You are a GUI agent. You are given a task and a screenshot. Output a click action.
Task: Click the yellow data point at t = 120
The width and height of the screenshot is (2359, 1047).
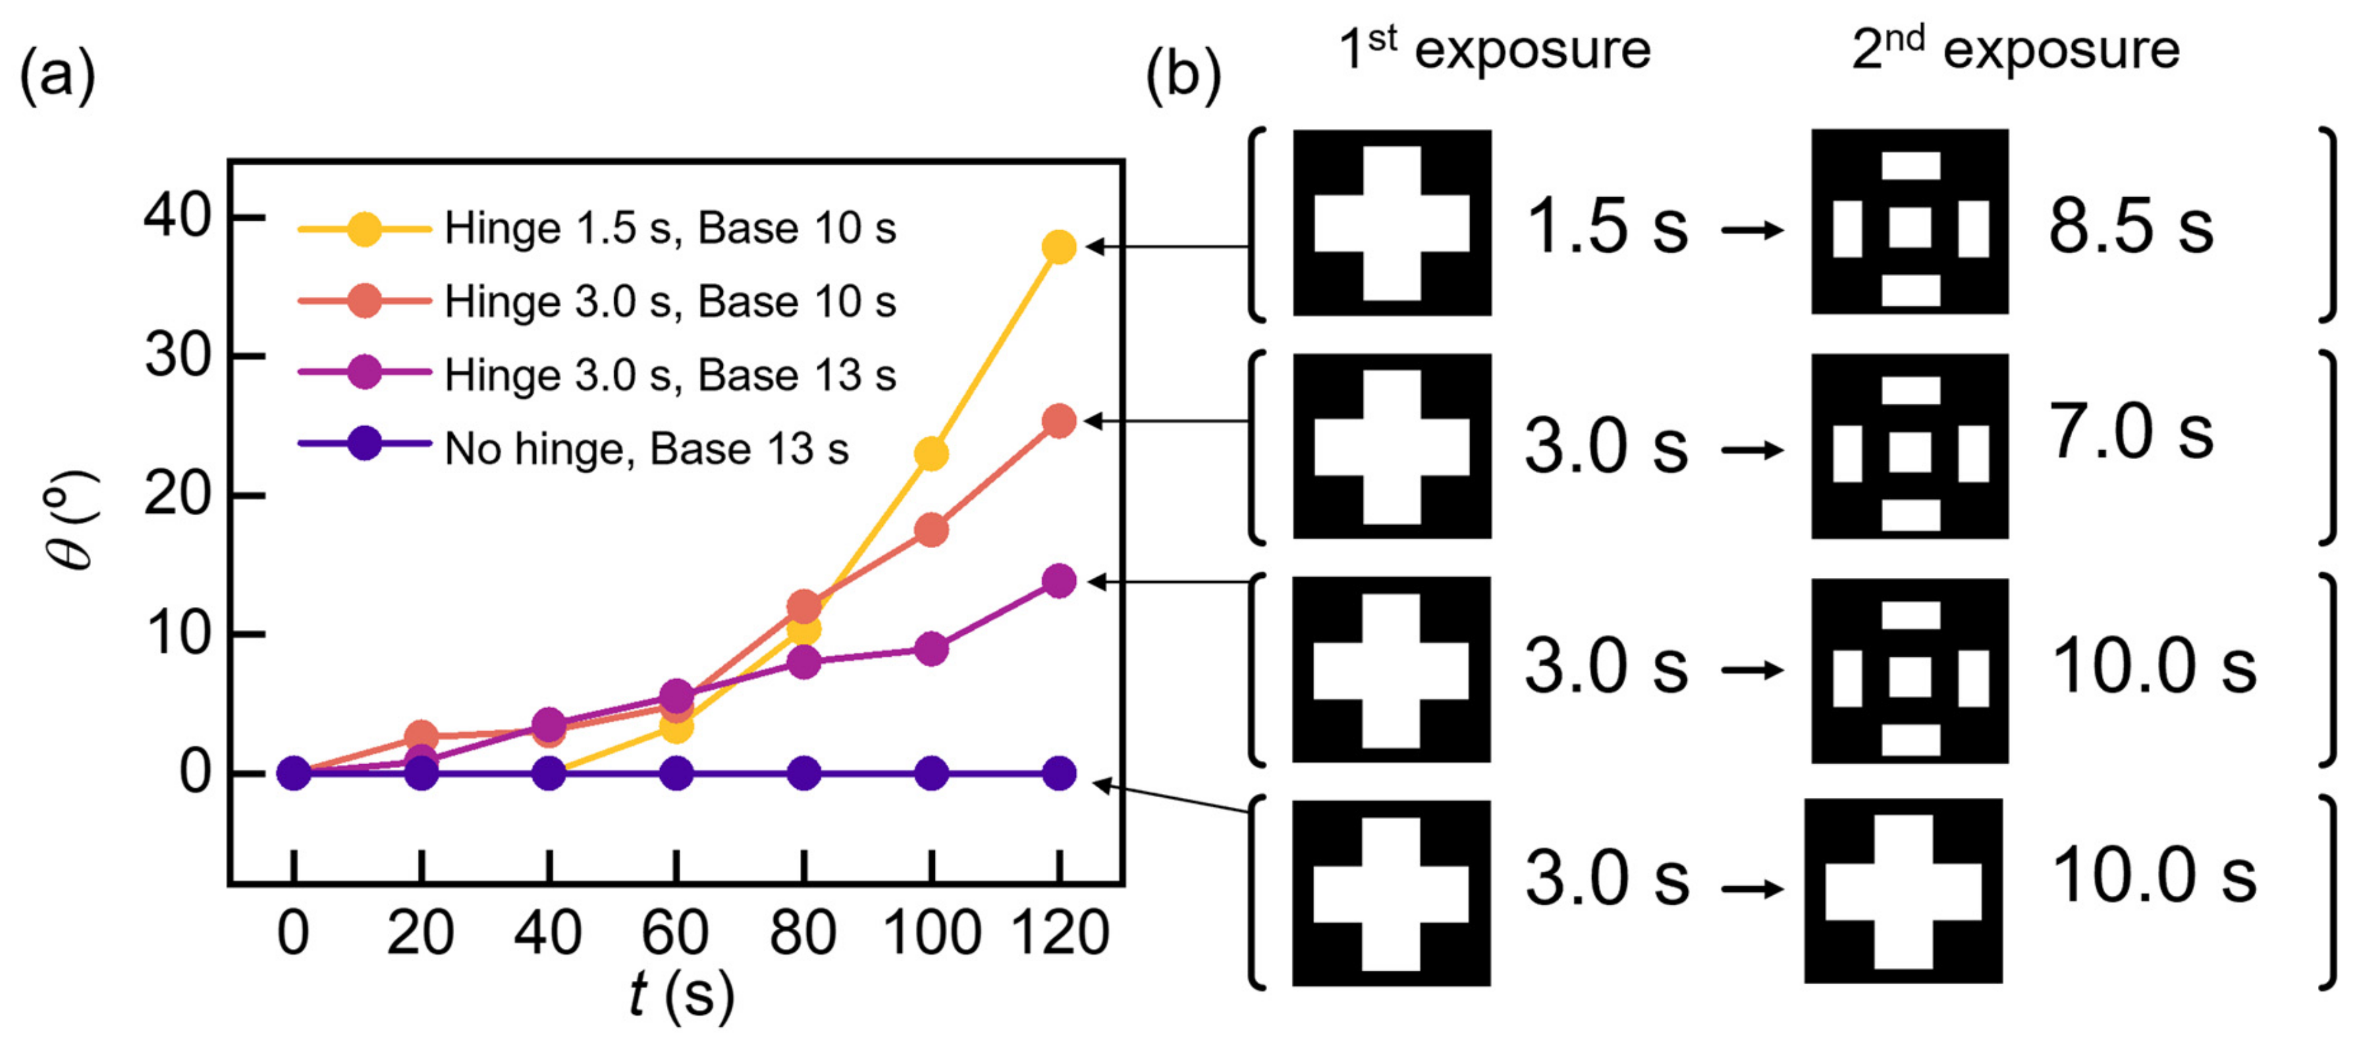[1058, 246]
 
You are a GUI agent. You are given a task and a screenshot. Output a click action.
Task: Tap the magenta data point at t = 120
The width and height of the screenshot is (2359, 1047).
[1058, 581]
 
